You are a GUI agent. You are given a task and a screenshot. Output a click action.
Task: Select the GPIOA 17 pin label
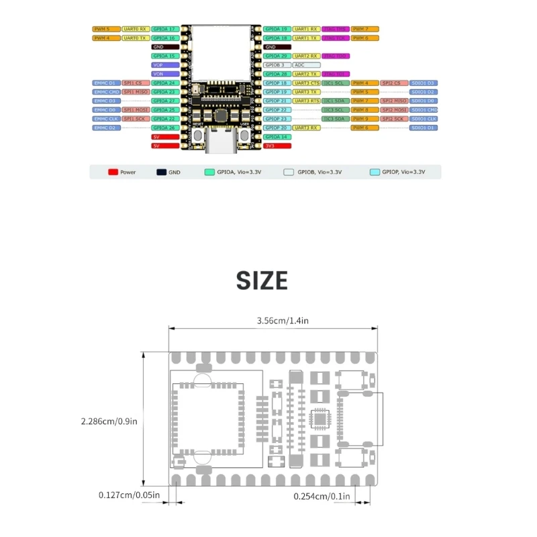(164, 30)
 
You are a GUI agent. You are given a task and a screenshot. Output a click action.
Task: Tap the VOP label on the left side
(164, 65)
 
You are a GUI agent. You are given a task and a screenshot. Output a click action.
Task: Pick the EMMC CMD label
(106, 91)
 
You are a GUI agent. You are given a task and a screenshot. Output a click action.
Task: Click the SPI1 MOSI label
(136, 109)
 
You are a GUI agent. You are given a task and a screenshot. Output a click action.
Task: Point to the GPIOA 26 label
(164, 128)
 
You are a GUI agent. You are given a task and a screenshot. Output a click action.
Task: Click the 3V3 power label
(277, 145)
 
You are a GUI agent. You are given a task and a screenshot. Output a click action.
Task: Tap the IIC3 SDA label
(335, 118)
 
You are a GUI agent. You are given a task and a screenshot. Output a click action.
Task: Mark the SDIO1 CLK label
(424, 118)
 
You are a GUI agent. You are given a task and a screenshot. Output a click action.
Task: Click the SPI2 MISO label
(394, 101)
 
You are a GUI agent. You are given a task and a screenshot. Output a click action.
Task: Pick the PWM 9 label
(364, 118)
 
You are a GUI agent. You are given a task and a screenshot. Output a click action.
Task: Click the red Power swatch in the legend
(113, 173)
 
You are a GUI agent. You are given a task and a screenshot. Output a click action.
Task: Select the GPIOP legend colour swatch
(375, 173)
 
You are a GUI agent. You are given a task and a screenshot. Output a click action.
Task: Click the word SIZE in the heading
(262, 281)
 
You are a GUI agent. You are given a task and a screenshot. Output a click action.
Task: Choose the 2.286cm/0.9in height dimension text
(109, 422)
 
